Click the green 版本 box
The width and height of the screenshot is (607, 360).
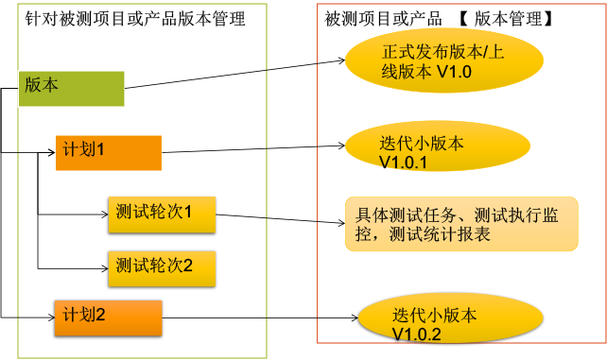(71, 86)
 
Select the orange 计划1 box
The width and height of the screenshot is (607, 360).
(109, 151)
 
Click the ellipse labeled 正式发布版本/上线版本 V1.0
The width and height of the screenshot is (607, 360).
(444, 61)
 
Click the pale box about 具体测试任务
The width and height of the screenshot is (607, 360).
(461, 224)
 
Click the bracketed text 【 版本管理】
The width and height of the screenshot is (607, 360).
(505, 19)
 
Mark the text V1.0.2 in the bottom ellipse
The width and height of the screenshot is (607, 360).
(416, 334)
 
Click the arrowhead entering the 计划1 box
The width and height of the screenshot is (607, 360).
(51, 152)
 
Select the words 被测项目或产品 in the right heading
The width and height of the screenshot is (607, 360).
(384, 19)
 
